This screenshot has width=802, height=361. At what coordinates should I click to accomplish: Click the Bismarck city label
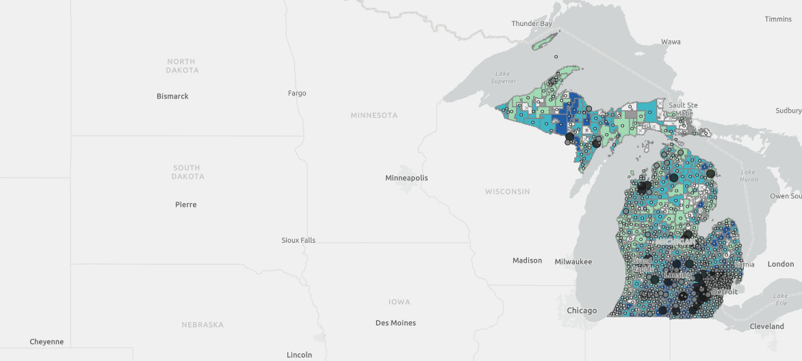click(172, 96)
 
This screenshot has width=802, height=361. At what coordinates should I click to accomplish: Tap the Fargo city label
click(297, 93)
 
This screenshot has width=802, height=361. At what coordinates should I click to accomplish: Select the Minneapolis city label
click(406, 178)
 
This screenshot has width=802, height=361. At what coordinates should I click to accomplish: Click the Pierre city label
click(185, 204)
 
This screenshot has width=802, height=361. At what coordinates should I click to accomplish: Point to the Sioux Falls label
click(298, 240)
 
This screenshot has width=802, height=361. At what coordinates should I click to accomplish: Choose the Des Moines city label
click(396, 323)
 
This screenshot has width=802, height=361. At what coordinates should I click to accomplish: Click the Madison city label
click(527, 260)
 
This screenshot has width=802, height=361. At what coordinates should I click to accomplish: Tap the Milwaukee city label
click(573, 261)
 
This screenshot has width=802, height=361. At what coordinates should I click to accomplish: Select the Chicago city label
click(582, 310)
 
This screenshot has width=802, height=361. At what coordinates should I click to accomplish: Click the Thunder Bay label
click(532, 24)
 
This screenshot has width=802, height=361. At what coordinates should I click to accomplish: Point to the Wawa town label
click(671, 42)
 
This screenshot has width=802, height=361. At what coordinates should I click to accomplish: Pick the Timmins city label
click(778, 19)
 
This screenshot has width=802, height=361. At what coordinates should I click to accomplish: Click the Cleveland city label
click(766, 326)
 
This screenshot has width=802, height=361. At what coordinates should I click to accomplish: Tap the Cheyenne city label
click(47, 341)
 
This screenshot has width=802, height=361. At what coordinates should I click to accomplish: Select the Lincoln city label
click(300, 355)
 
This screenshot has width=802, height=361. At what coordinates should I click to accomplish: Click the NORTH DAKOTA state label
click(182, 66)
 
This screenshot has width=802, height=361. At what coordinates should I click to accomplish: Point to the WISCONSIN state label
click(507, 191)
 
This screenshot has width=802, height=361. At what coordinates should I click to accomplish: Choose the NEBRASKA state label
click(203, 325)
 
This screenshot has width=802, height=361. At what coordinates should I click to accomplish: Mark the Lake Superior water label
click(502, 77)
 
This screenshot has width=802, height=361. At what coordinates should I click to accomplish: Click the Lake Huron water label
click(748, 176)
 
